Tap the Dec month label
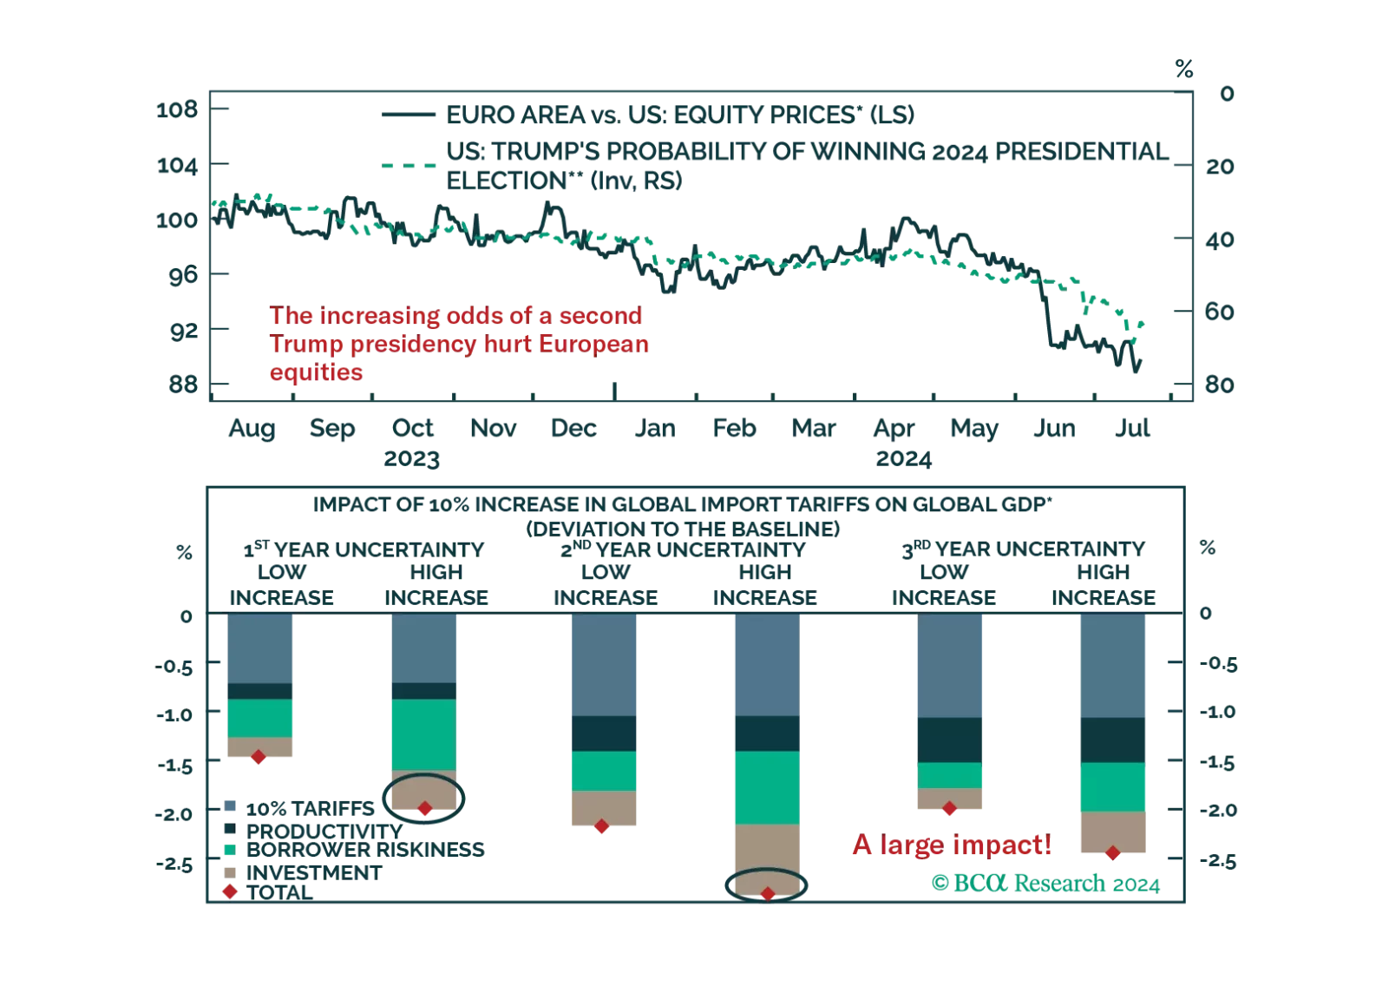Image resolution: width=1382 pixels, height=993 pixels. pos(573,428)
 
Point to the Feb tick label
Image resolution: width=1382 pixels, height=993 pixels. pos(731,428)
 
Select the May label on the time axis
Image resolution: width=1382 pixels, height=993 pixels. pos(973,428)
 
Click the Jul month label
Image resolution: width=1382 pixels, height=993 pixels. pos(1131,428)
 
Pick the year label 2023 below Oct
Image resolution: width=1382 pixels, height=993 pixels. pos(414,457)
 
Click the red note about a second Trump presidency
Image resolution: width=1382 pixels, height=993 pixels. pos(458,344)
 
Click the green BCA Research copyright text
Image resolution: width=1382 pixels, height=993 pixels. pos(1045,884)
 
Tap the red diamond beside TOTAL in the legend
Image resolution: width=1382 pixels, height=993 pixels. pos(229,892)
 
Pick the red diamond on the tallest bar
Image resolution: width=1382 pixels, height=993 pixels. pos(767,893)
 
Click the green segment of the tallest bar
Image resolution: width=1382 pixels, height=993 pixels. pos(767,787)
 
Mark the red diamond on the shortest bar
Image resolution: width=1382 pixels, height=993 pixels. pos(258,758)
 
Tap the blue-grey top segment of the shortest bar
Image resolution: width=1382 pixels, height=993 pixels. pos(259,648)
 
